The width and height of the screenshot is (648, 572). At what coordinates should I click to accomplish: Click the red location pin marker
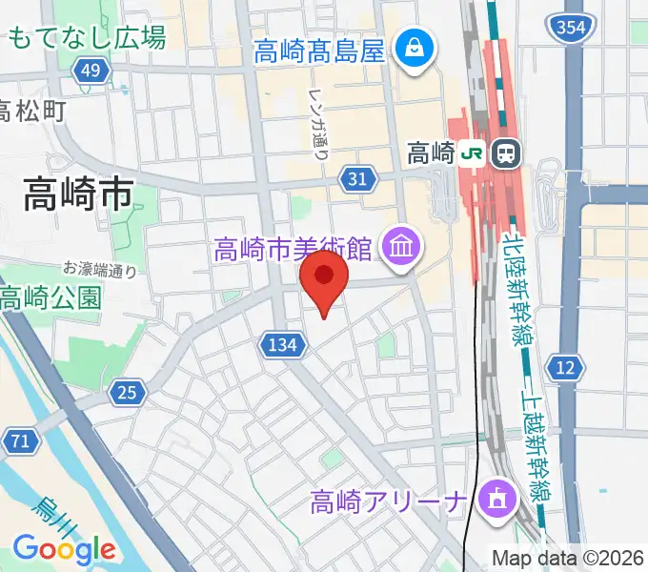click(x=324, y=278)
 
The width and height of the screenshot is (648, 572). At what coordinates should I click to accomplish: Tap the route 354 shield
click(x=572, y=29)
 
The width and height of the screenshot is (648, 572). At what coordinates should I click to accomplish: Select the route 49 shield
click(x=91, y=71)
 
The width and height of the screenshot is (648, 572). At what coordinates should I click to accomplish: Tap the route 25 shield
click(x=127, y=390)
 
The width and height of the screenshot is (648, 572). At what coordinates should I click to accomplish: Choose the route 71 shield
click(x=16, y=440)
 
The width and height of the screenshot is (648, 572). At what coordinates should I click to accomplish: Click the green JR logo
click(x=471, y=152)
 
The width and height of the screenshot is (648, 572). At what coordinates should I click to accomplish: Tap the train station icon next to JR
click(x=504, y=152)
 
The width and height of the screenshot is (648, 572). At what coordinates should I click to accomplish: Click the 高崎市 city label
click(x=78, y=196)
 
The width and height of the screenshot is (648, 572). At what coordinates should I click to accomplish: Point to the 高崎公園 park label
click(x=50, y=297)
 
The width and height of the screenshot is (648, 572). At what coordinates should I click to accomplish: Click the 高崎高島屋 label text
click(x=319, y=50)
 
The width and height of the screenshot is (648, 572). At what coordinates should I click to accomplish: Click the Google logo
click(x=64, y=549)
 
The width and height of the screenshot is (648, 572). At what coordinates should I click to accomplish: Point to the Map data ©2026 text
click(x=568, y=557)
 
